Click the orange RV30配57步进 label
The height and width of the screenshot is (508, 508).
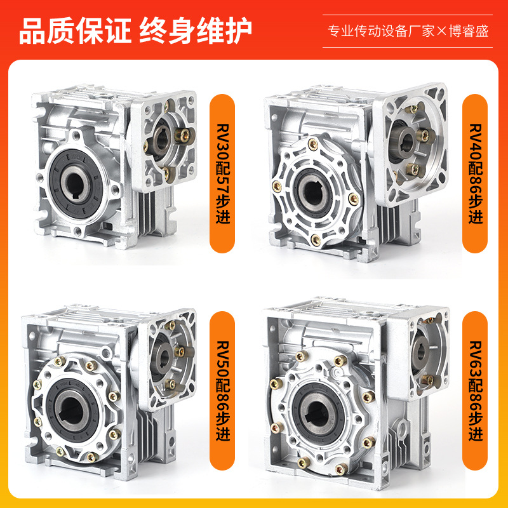223,173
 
